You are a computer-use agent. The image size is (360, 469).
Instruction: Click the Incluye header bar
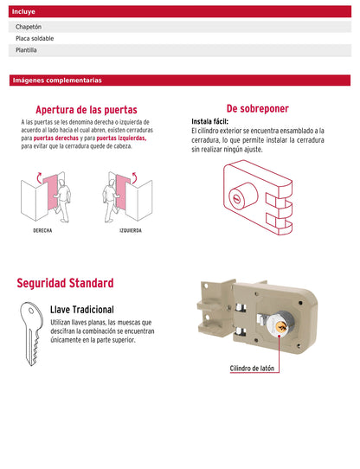(179, 13)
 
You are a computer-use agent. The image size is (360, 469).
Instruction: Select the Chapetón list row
(179, 27)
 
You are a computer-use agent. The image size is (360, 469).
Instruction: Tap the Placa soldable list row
(179, 38)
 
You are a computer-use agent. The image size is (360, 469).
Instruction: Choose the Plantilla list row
(179, 50)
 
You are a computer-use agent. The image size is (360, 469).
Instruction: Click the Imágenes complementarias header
(179, 80)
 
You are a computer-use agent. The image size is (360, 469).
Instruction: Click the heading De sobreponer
(258, 108)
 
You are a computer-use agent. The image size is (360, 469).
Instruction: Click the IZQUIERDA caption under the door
(131, 231)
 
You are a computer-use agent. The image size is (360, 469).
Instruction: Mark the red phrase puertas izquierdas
(121, 138)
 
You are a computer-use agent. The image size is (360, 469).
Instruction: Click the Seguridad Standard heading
(65, 283)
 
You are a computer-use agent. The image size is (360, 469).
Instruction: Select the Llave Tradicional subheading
(82, 309)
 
